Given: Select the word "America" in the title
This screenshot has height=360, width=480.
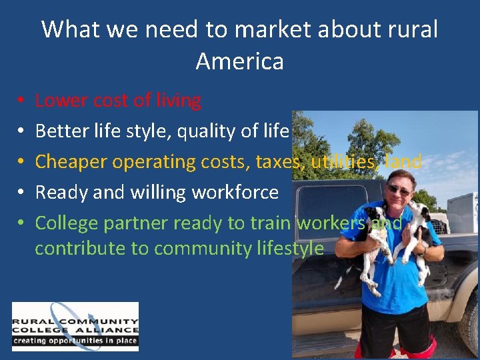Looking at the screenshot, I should (x=240, y=61).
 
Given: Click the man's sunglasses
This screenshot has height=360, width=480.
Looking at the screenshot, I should (x=399, y=190).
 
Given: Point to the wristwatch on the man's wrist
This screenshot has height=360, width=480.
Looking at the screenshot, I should (x=422, y=251).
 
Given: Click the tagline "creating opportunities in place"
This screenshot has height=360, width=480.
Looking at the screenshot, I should (x=75, y=341).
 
